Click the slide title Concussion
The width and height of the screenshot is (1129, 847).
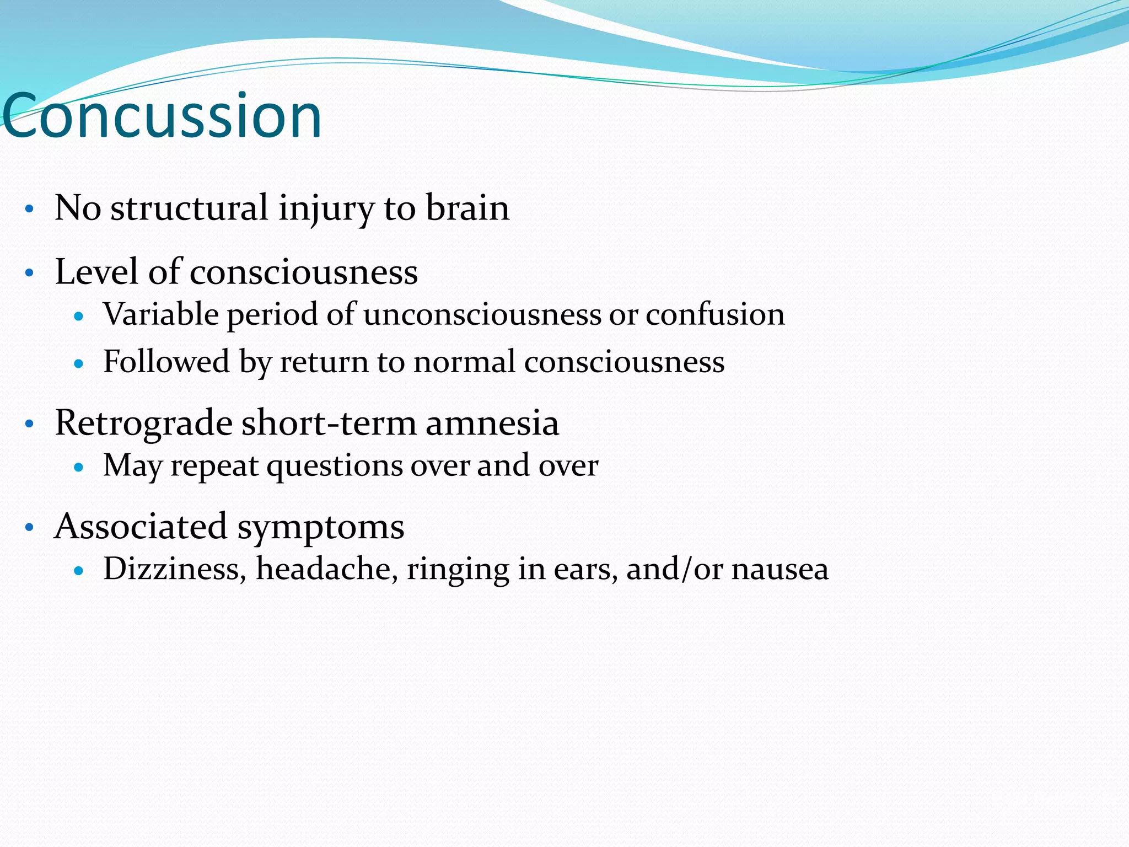[x=162, y=116]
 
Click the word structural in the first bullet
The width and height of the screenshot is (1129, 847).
[x=189, y=208]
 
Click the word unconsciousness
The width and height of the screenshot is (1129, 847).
[x=482, y=315]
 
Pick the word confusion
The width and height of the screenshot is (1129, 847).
[x=715, y=315]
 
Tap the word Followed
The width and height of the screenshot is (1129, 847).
[x=166, y=362]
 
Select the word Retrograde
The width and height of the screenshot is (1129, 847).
[x=143, y=423]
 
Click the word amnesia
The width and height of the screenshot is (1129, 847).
[x=492, y=423]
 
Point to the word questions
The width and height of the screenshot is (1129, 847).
[x=334, y=467]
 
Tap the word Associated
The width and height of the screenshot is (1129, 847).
[x=141, y=527]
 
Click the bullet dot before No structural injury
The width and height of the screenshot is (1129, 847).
[x=30, y=210]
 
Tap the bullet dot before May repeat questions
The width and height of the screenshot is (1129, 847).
[x=78, y=468]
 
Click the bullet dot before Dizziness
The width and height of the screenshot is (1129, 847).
[x=78, y=571]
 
